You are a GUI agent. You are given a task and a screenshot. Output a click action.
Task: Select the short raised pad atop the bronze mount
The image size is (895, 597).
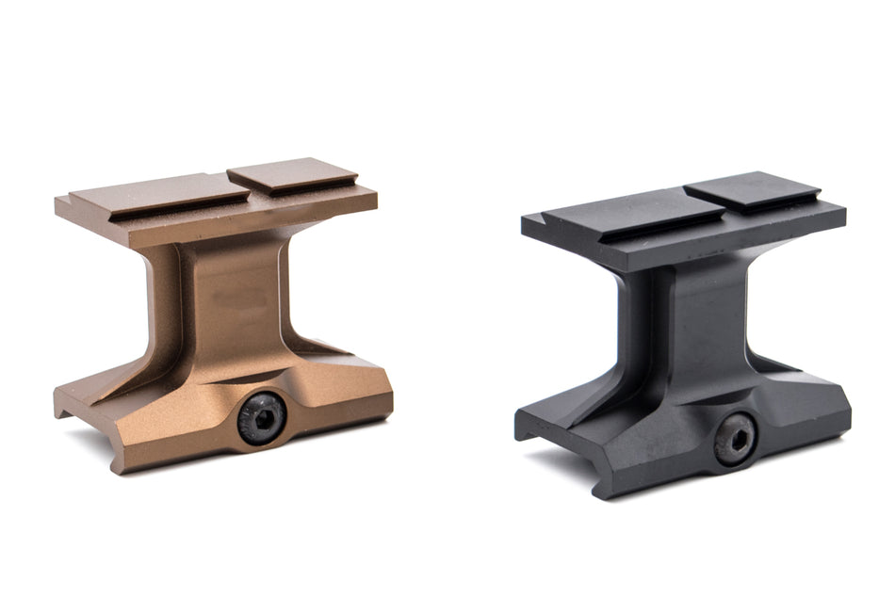292,175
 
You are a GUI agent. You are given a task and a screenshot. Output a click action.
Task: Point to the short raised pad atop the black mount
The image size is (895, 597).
751,189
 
